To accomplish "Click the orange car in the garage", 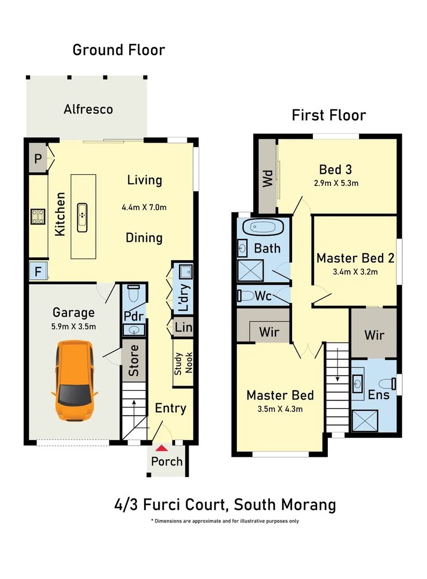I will click(74, 381).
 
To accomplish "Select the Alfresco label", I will click(88, 109).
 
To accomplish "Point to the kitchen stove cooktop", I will click(38, 216).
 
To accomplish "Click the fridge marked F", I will click(38, 271).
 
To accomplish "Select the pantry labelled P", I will click(38, 158).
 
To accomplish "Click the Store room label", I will click(134, 360).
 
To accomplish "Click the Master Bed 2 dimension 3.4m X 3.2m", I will click(355, 272).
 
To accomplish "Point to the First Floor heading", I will click(328, 115).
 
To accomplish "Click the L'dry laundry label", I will click(183, 298).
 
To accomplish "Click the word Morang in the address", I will click(310, 504).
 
